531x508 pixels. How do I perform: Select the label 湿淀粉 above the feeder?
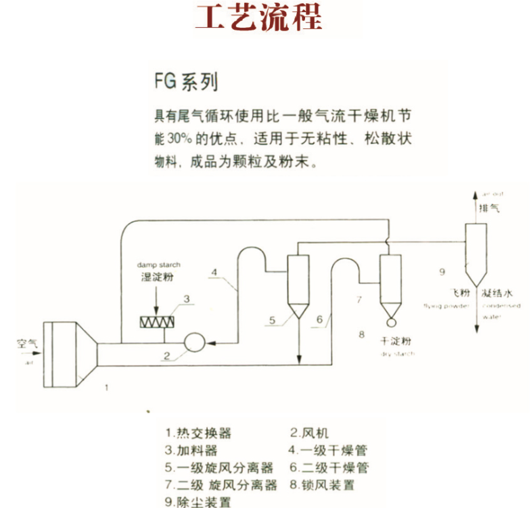[x=156, y=277]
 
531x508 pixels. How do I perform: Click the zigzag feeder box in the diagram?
[x=157, y=322]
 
